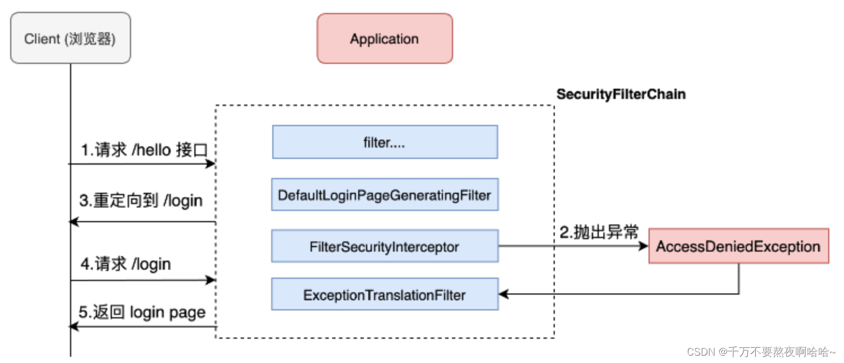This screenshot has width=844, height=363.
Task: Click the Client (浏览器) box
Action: click(71, 38)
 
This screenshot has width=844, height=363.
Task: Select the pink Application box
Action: click(385, 38)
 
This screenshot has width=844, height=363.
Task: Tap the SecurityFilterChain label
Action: click(621, 94)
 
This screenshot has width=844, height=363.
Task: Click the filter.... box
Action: click(385, 142)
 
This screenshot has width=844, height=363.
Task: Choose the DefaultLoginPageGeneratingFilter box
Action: click(385, 195)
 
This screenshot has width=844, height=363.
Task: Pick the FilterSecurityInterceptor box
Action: click(385, 247)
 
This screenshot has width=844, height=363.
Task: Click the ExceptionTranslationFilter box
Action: click(385, 295)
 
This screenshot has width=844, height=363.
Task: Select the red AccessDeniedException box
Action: click(738, 247)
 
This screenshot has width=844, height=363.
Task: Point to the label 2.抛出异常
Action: click(599, 232)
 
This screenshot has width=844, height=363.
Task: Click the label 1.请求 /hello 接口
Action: click(144, 151)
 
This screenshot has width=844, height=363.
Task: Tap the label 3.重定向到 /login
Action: click(141, 201)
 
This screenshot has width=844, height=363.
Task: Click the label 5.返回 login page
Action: click(142, 312)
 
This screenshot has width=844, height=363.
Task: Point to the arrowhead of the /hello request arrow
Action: click(211, 164)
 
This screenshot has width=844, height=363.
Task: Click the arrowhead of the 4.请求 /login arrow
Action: click(211, 280)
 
